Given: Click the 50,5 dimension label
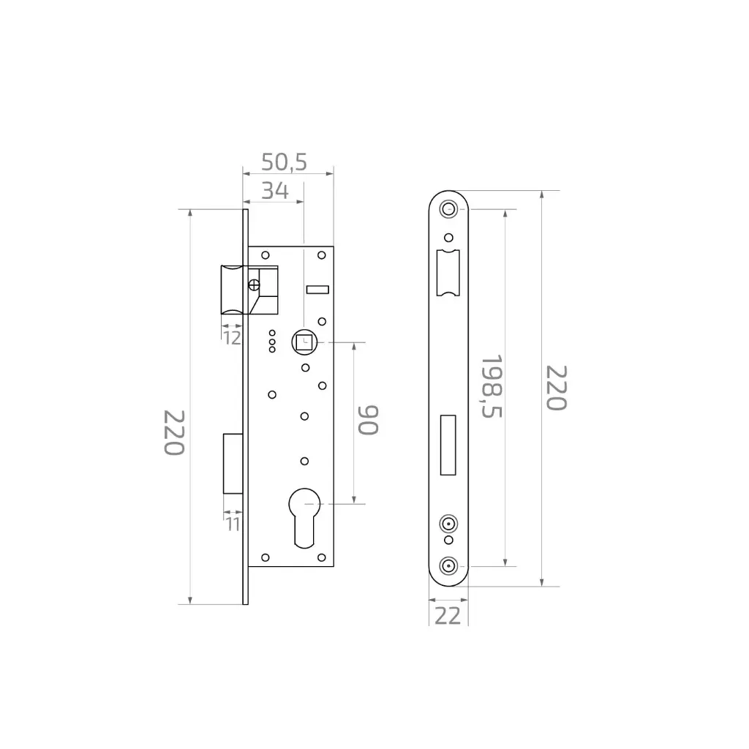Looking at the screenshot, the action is [285, 162].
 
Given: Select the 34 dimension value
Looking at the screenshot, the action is [275, 191].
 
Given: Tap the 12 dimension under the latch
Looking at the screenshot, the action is [232, 338].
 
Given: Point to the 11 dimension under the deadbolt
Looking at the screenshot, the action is [233, 524].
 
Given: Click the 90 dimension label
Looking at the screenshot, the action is [369, 421].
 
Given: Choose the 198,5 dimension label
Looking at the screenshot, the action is [492, 386].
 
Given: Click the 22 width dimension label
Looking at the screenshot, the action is [448, 616].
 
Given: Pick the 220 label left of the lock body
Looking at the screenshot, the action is [174, 432].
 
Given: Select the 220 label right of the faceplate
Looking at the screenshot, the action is [557, 388].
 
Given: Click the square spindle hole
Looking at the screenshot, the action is [304, 342].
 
